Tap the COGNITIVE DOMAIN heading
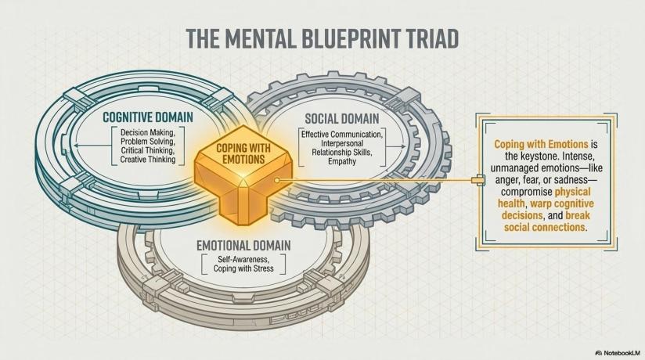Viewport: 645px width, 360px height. tap(148, 117)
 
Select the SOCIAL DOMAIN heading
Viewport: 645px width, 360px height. tap(342, 119)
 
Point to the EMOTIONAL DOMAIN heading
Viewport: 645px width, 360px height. tap(243, 246)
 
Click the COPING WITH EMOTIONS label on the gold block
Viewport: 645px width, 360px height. tap(243, 153)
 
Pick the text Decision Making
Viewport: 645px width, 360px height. tap(148, 132)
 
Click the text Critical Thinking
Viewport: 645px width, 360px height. tap(148, 150)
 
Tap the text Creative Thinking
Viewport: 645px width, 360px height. tap(148, 160)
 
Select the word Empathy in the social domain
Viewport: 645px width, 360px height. tap(342, 161)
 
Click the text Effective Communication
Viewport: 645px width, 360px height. tap(342, 135)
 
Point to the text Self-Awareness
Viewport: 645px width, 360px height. tap(243, 260)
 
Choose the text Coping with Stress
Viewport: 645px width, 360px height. tap(243, 268)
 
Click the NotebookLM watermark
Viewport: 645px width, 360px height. tap(618, 354)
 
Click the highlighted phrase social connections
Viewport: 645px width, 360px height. tap(544, 227)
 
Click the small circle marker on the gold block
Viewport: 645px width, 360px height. tap(277, 180)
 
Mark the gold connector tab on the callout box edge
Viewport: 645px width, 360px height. tap(478, 180)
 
